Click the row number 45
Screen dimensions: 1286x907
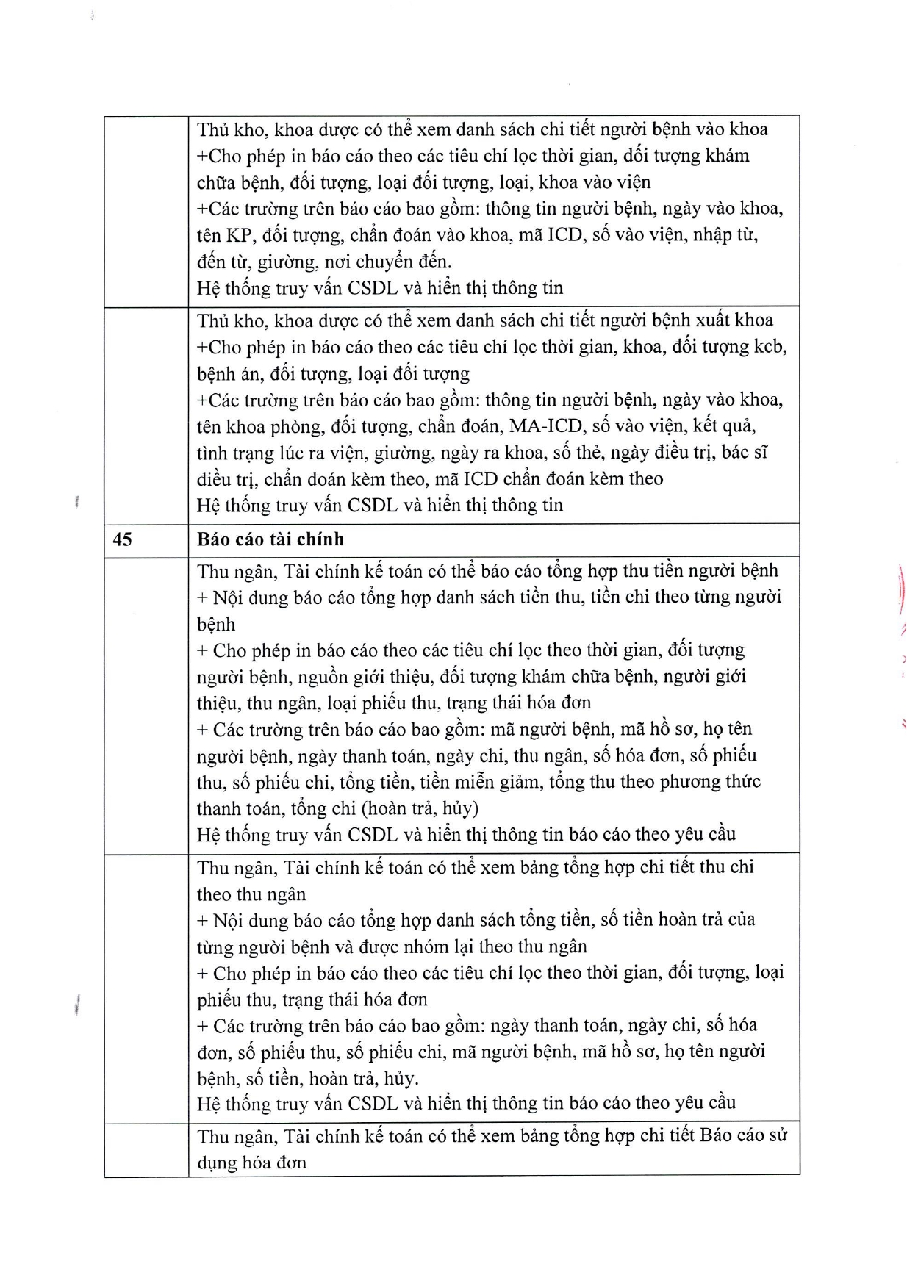(122, 539)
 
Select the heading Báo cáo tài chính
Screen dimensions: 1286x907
(270, 539)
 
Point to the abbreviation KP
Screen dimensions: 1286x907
(237, 235)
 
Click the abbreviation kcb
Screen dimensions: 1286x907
(771, 347)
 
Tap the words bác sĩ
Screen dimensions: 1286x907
(744, 453)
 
